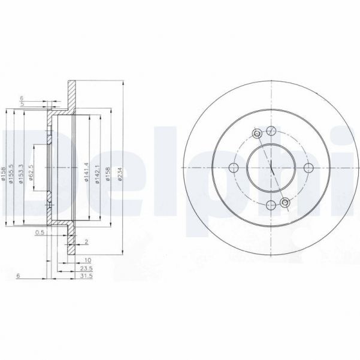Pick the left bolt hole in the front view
coord(234,168)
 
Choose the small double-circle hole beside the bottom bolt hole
coord(286,204)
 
